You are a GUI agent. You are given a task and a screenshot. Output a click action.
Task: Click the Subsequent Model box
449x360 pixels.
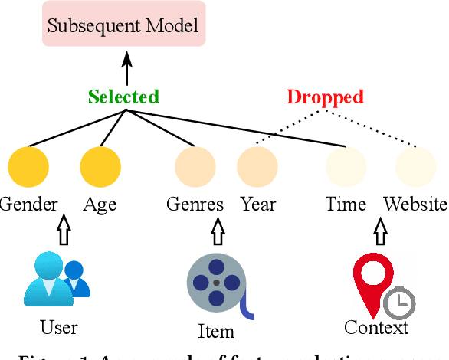(x=123, y=25)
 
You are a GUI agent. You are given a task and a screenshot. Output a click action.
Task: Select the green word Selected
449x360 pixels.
(x=123, y=97)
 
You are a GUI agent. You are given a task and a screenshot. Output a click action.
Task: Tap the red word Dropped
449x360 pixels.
(x=325, y=97)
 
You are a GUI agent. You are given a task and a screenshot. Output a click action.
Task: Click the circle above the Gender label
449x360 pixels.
(x=28, y=166)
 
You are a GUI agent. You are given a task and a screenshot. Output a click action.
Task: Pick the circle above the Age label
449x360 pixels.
(x=100, y=166)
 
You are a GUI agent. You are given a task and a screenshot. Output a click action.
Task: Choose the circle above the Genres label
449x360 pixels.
(x=195, y=166)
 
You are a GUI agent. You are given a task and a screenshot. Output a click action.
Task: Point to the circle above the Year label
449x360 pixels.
(x=257, y=166)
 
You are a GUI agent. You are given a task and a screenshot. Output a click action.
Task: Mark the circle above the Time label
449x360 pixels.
(x=346, y=166)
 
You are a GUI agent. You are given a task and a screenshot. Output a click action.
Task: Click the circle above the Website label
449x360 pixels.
(x=415, y=166)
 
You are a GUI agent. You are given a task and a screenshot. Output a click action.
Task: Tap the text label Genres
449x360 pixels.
(x=195, y=204)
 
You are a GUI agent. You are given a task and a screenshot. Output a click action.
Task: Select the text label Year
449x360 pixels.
(x=258, y=204)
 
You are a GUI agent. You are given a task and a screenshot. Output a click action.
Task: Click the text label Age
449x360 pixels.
(x=100, y=204)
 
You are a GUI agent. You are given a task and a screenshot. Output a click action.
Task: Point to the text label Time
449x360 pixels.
(x=346, y=204)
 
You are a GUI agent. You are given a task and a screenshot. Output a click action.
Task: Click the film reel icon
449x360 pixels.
(x=217, y=283)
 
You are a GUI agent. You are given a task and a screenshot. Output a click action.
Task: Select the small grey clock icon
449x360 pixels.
(x=399, y=303)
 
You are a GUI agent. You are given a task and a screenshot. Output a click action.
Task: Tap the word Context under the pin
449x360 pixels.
(x=376, y=328)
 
